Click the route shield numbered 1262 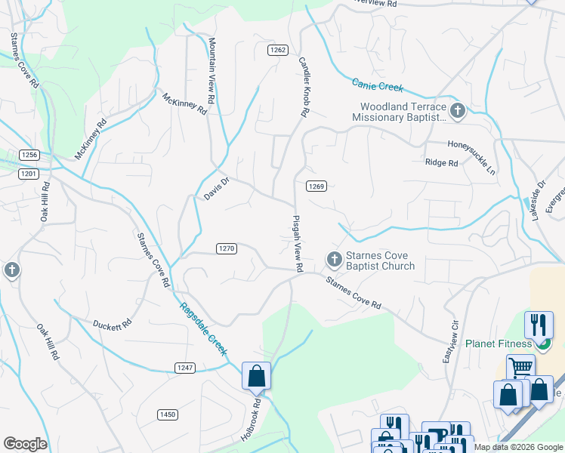click(277, 50)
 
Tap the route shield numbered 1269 click(316, 186)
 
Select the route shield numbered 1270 click(227, 248)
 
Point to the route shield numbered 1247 click(186, 368)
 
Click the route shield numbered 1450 click(168, 414)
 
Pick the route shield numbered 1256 click(29, 155)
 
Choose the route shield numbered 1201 click(29, 173)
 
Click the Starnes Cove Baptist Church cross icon click(334, 260)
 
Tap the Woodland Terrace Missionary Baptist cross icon click(458, 112)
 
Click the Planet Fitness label click(494, 344)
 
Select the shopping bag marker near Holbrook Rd click(256, 375)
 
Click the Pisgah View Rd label click(297, 242)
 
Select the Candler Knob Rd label click(304, 86)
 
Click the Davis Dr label click(216, 189)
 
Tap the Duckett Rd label click(113, 325)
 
